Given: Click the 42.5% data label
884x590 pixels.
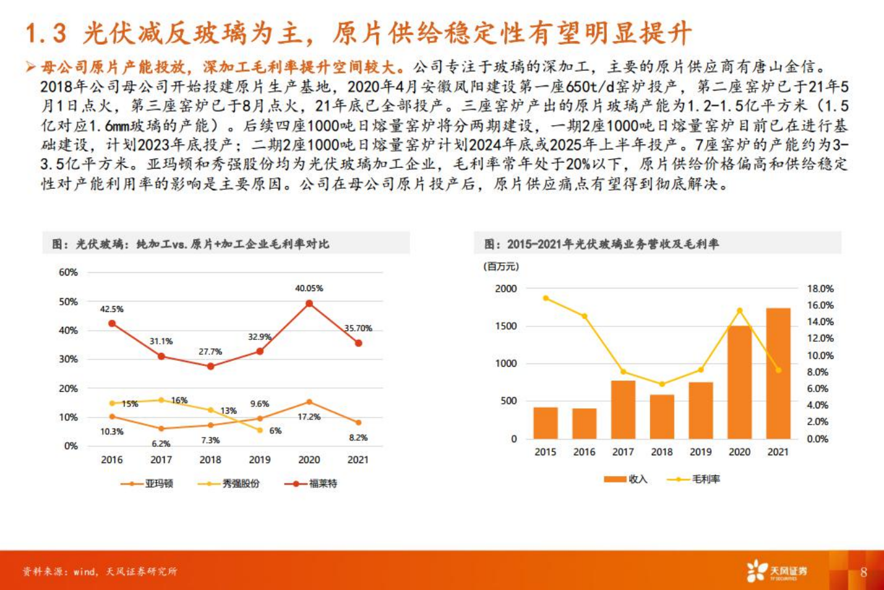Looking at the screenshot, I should pos(111,309).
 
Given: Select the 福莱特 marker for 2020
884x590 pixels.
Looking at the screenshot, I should pos(309,303).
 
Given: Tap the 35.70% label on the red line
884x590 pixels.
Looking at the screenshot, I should pos(358,328).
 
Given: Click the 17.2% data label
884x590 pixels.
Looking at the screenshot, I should pos(309,417).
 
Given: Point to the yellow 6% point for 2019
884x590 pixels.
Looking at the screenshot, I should pos(260,430).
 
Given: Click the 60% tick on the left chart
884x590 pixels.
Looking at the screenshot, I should pos(68,272).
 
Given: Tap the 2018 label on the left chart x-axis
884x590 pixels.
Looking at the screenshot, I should pos(210,460).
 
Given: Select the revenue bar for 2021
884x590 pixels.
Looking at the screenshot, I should pos(778,373).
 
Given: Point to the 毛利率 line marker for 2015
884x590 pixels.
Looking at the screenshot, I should pos(546,298).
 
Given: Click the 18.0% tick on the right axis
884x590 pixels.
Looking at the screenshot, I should pos(820,288).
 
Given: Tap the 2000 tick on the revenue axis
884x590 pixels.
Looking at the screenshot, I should pos(505,288).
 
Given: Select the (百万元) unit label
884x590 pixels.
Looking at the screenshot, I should pos(501,266).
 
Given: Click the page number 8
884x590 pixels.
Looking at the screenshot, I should pos(864,572).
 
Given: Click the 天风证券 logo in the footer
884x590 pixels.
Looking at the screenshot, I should pos(777,571).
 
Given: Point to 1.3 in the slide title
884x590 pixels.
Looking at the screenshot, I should pos(46,33).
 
